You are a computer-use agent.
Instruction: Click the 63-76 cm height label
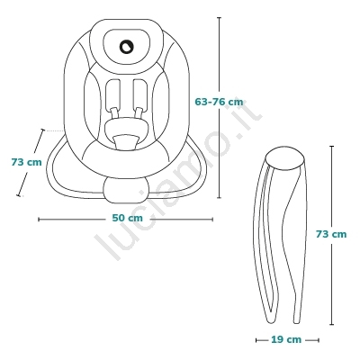click(x=219, y=102)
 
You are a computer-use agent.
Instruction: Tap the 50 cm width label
click(x=128, y=218)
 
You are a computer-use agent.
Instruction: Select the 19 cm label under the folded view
click(x=286, y=339)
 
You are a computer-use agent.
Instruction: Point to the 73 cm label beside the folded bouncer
click(x=331, y=234)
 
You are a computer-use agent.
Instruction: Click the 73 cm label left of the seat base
click(x=27, y=162)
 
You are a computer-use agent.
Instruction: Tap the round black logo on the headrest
click(x=126, y=47)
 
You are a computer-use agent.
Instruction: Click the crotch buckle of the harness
click(x=126, y=142)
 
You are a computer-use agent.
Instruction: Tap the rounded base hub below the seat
click(x=125, y=190)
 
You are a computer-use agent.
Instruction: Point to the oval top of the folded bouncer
click(x=285, y=157)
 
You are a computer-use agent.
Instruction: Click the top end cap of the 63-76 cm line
click(x=219, y=18)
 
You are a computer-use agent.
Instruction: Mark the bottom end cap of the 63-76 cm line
click(x=219, y=198)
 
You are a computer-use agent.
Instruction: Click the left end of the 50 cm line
click(x=39, y=220)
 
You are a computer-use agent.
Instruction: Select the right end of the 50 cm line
click(x=212, y=220)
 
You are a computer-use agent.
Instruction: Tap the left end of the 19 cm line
click(x=256, y=340)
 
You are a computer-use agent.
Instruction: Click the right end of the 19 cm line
click(x=319, y=340)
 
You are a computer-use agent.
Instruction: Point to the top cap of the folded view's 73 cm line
click(x=331, y=147)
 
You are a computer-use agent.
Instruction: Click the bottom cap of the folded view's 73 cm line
click(x=331, y=324)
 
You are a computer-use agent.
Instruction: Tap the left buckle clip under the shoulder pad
click(x=115, y=113)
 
